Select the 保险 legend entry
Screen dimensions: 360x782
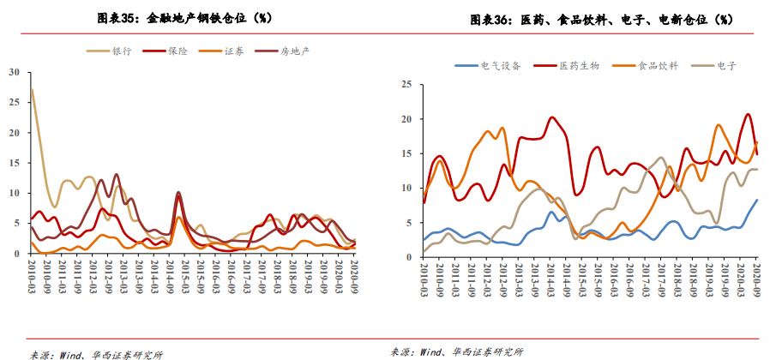click(x=176, y=51)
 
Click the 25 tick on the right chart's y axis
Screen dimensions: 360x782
click(x=408, y=84)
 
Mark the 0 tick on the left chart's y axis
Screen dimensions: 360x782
click(x=16, y=254)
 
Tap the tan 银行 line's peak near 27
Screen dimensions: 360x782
click(x=33, y=89)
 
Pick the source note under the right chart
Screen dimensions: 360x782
click(x=456, y=351)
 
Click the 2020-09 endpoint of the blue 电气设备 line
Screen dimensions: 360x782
click(x=757, y=200)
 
